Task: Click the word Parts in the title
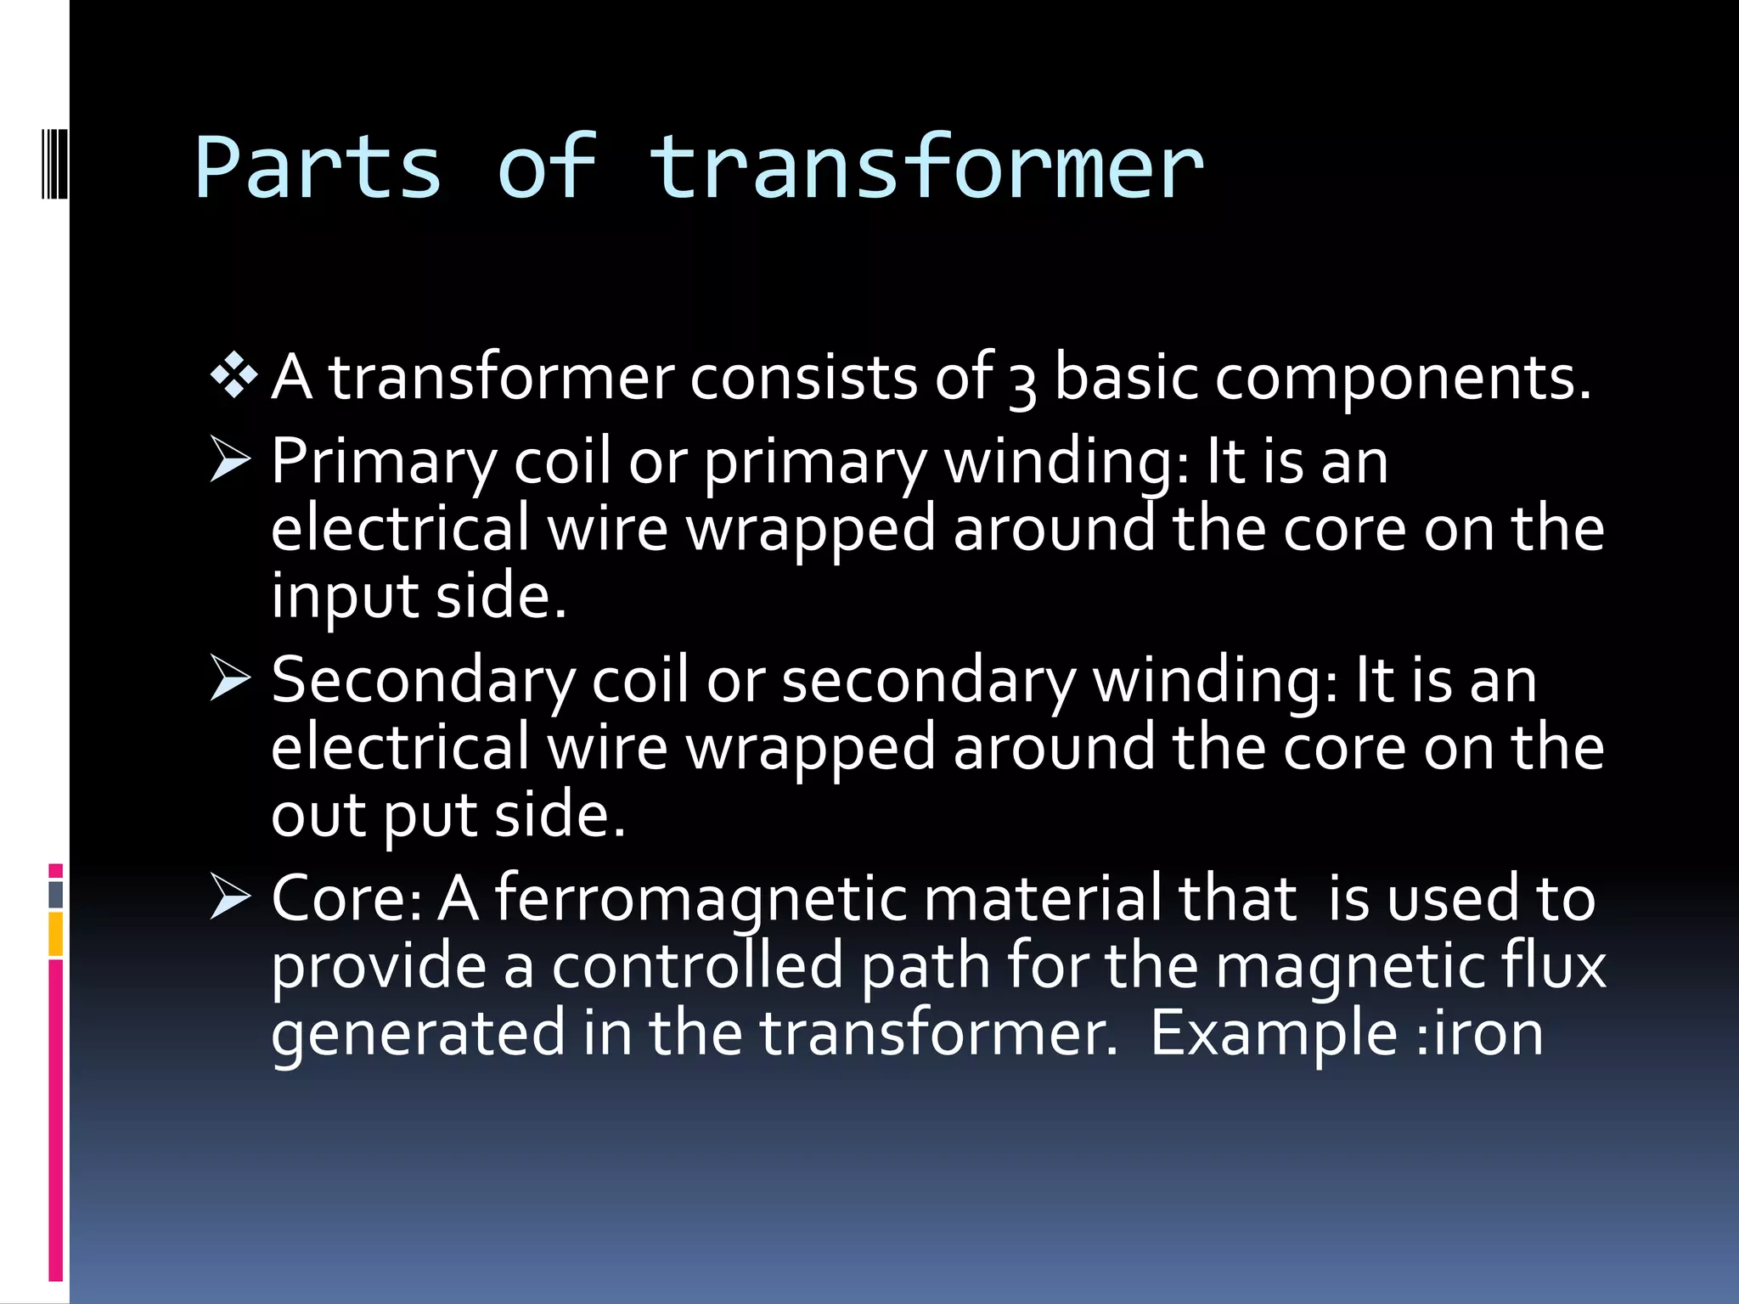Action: [x=318, y=168]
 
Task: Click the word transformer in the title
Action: [x=926, y=168]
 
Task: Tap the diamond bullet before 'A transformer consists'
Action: [x=234, y=374]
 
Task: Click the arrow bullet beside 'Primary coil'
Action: [x=230, y=461]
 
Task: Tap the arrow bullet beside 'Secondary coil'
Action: [x=230, y=679]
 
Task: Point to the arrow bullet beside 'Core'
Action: [x=230, y=898]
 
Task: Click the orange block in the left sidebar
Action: [x=56, y=934]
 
